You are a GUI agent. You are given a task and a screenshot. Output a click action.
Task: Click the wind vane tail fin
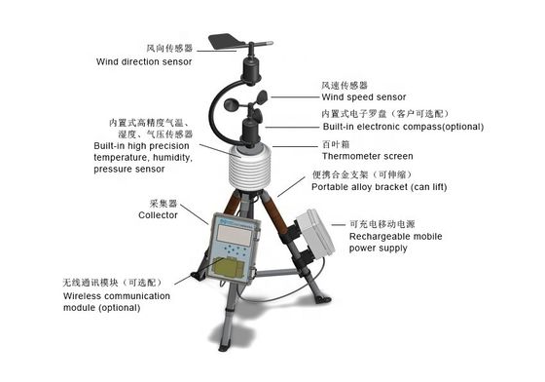click(224, 41)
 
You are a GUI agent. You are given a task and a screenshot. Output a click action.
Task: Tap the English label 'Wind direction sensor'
click(144, 62)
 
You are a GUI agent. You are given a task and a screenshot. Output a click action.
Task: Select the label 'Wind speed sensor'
click(364, 97)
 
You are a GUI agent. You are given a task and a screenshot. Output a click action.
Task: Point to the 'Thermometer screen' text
click(368, 156)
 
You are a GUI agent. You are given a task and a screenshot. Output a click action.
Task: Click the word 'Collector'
click(158, 215)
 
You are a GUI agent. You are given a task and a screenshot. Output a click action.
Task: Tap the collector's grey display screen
click(235, 235)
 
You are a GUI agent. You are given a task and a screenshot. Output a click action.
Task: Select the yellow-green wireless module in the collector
click(229, 268)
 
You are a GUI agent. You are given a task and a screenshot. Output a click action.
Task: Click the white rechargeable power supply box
click(315, 231)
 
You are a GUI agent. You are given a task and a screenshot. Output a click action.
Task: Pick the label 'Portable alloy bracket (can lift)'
click(379, 187)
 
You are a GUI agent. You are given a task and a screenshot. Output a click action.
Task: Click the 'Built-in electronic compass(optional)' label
click(403, 127)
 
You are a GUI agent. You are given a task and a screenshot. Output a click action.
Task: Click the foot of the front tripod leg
click(223, 346)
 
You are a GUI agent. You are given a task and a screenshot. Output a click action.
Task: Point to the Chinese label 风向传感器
click(169, 49)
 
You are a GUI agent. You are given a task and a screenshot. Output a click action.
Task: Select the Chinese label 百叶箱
click(336, 144)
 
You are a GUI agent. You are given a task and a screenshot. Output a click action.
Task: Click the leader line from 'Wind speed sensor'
click(295, 97)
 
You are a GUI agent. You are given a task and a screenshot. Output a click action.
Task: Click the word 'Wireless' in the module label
click(82, 296)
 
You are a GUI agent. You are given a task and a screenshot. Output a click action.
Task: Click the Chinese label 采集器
click(163, 204)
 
